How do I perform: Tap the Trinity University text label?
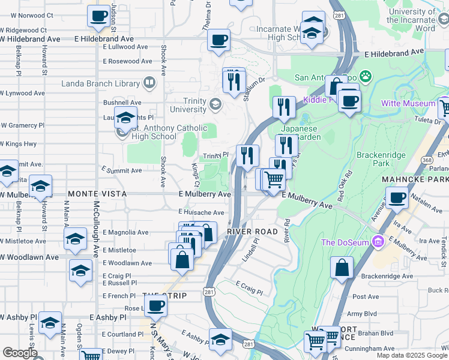coord(188,105)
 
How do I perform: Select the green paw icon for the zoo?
coord(365,77)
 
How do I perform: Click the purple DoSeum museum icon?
coord(378,242)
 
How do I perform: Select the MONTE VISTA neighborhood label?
coord(97,194)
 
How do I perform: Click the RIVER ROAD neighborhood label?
coord(252,231)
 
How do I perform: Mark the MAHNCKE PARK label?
coord(415,179)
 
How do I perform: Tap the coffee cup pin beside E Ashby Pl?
coord(156,305)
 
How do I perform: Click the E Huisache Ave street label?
coord(201,212)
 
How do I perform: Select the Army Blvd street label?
coord(362,313)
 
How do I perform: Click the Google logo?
coord(20,353)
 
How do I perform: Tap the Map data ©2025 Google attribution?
coord(411,355)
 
